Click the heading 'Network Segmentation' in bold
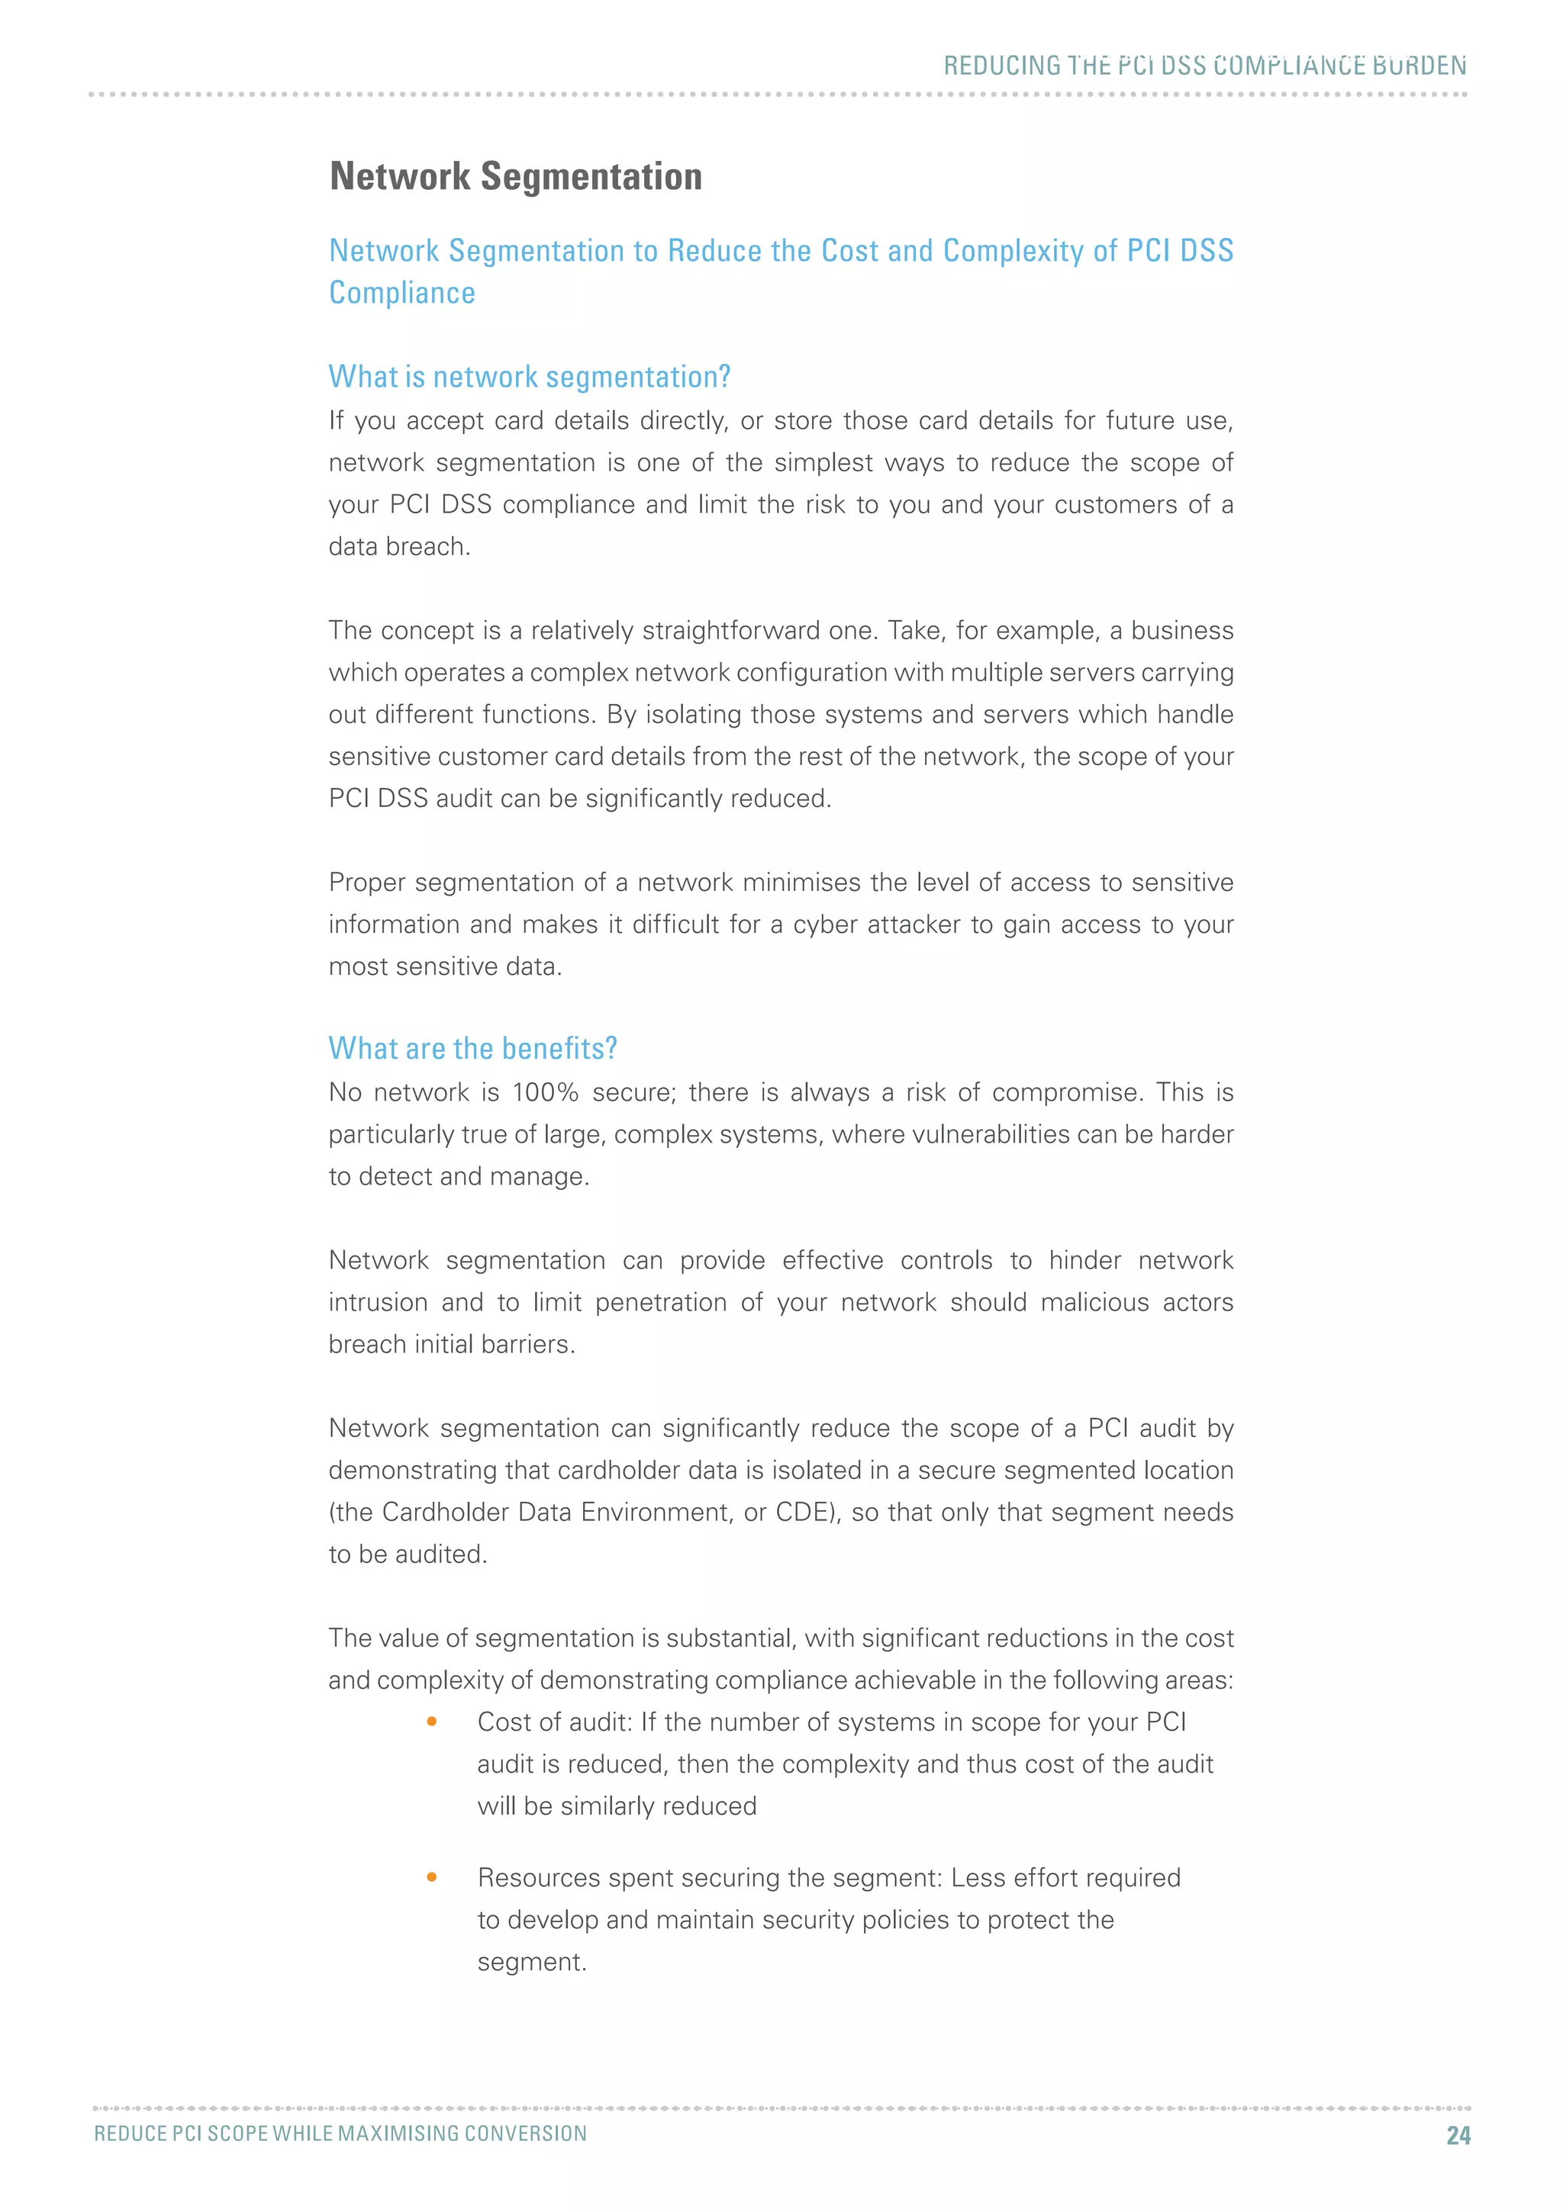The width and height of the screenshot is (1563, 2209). [x=516, y=177]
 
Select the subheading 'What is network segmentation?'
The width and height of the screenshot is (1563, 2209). [x=530, y=376]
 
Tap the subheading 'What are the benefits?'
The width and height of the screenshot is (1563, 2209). [x=472, y=1048]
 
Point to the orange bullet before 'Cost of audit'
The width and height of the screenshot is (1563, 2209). [x=432, y=1722]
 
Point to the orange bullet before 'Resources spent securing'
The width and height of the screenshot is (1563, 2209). [x=432, y=1877]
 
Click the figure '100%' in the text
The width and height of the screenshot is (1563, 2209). [x=545, y=1093]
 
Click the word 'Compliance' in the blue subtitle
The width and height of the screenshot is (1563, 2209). [x=402, y=292]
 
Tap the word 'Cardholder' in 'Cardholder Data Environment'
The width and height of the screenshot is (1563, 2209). [x=446, y=1513]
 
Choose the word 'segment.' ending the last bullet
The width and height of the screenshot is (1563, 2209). [x=531, y=1963]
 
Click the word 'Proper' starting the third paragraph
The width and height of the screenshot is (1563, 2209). [x=366, y=883]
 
